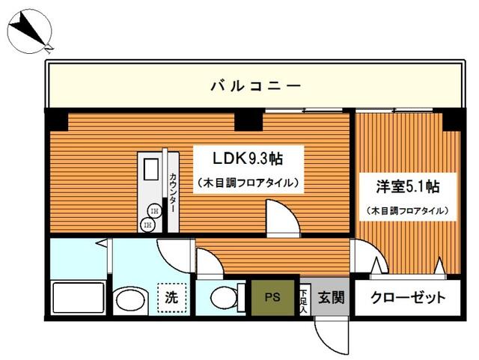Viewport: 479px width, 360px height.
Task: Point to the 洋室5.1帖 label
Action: (x=407, y=184)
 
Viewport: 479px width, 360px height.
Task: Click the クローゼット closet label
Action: (x=409, y=297)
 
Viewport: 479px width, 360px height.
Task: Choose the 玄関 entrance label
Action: (x=330, y=297)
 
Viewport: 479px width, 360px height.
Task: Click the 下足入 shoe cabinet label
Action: (x=304, y=296)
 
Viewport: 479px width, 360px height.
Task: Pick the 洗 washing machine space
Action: (x=171, y=296)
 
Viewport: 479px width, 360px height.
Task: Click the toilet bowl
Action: (x=223, y=297)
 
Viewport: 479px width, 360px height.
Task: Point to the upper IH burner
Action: (x=153, y=210)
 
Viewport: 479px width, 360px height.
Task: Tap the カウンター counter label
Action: (x=173, y=193)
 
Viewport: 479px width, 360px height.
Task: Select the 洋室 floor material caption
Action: (x=407, y=211)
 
